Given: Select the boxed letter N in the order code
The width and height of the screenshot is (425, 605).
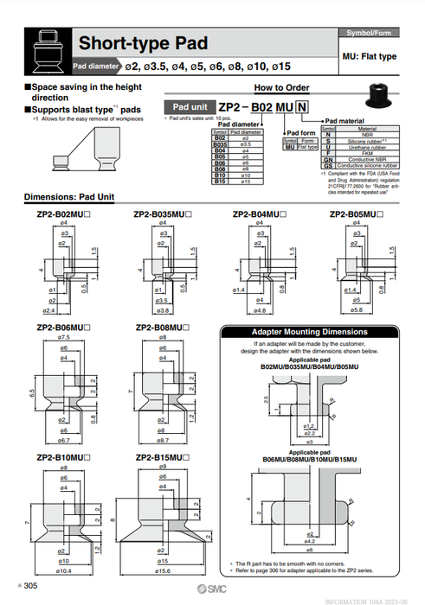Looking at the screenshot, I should (301, 107).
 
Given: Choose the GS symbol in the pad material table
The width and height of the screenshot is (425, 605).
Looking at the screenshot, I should (328, 165).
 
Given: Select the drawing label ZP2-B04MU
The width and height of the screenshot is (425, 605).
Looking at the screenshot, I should (259, 213).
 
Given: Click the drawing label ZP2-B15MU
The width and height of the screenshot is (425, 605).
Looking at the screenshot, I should (163, 456).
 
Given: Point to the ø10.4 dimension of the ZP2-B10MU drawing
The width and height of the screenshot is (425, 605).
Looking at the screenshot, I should (62, 572).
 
